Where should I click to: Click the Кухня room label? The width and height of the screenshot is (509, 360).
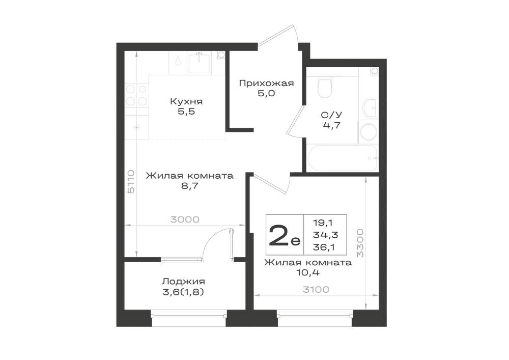point(186,101)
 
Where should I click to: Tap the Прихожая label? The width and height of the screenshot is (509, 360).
point(266,84)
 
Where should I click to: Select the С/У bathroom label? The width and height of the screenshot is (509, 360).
point(331,115)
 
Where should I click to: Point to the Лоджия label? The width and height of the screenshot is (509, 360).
point(183,282)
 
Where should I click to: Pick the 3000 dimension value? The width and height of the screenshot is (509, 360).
point(185,220)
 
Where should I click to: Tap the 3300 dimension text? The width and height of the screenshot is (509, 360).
point(360,243)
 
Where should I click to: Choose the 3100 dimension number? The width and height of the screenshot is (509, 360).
point(316,290)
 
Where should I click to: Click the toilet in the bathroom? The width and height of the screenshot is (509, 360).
point(325,87)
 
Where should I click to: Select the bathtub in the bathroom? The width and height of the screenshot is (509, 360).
point(342,158)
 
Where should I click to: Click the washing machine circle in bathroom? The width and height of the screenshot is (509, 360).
point(369,132)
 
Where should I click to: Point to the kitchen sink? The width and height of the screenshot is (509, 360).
point(199,63)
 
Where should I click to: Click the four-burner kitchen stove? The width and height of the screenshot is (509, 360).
point(136,95)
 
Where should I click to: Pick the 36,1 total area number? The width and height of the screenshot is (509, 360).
point(324,247)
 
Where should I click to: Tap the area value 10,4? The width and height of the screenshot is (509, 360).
point(308,272)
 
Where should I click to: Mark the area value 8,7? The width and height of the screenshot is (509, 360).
point(190,186)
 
